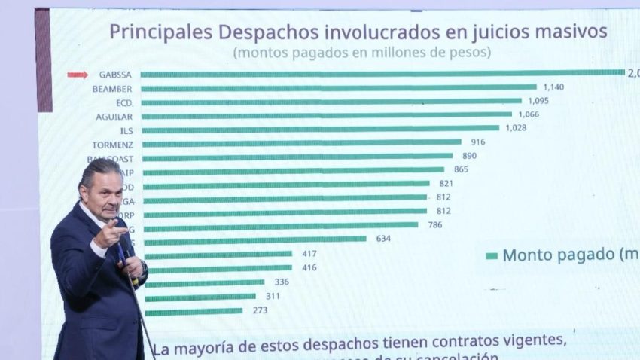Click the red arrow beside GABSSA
[78, 75]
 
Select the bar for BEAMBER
[338, 87]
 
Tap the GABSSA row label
[114, 75]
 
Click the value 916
[478, 142]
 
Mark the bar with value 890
[297, 157]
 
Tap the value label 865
[461, 169]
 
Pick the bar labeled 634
[255, 239]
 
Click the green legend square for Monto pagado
[492, 255]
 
